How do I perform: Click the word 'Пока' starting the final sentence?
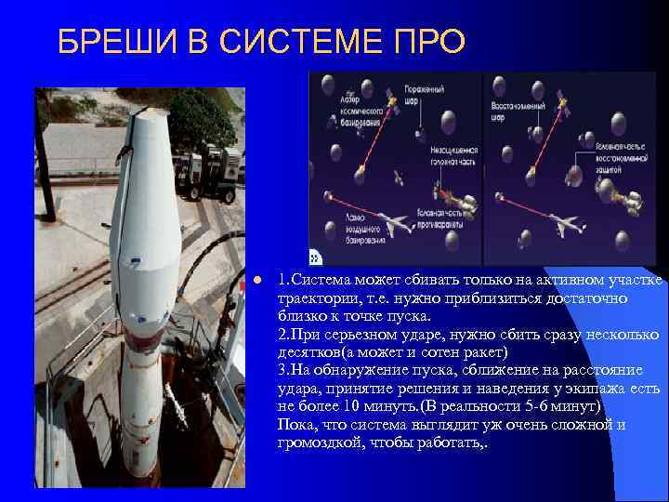[295, 425]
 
